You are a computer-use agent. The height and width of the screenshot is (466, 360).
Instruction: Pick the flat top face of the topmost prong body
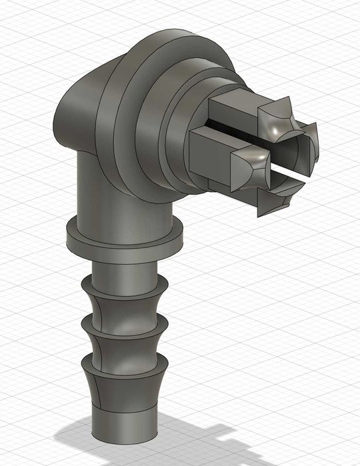[230, 100]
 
